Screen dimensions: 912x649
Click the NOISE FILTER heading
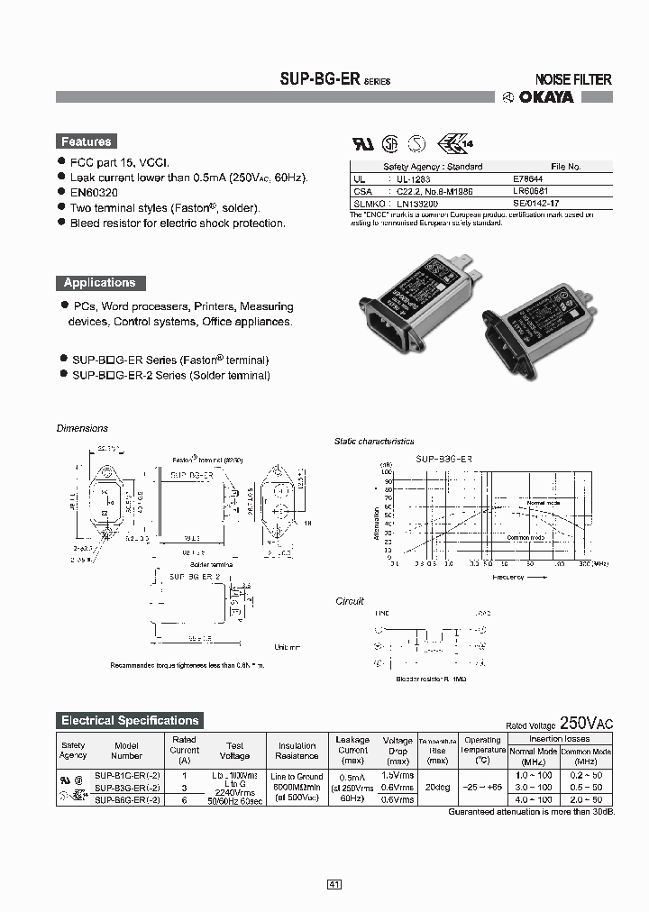(573, 79)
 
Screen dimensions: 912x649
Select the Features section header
(86, 141)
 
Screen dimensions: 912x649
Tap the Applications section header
(99, 282)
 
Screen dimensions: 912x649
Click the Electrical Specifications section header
(129, 720)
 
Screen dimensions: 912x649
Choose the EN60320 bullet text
(96, 193)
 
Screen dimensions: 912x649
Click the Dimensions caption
(82, 428)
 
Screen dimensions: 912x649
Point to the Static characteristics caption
(374, 442)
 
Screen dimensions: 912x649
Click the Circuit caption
(350, 601)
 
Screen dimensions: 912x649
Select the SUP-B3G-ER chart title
(443, 459)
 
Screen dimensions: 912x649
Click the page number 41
(334, 885)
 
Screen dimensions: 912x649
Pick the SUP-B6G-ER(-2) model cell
(127, 799)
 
